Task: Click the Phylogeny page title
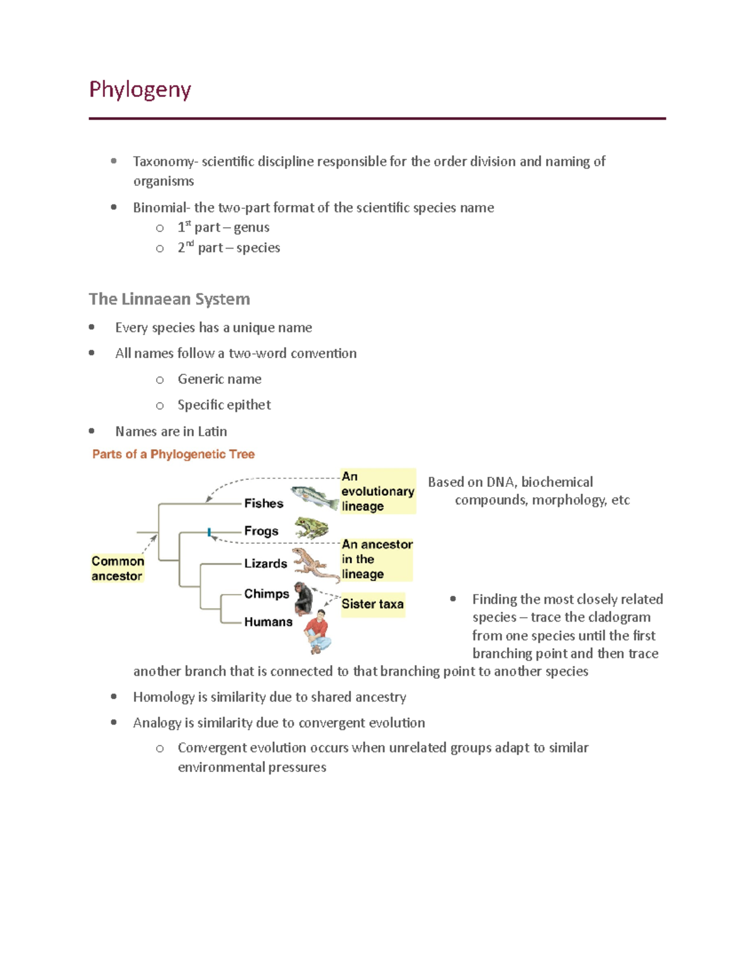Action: (x=140, y=90)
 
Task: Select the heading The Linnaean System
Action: (x=169, y=299)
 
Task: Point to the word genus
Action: (x=251, y=228)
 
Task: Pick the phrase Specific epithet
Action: (x=224, y=405)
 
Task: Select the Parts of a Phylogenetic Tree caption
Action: (x=173, y=454)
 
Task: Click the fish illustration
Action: (x=315, y=497)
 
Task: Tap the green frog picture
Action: (x=312, y=528)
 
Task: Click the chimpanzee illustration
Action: (x=303, y=598)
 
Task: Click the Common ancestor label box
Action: (x=118, y=568)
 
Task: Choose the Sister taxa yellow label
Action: (x=372, y=604)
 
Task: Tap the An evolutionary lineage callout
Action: (x=377, y=491)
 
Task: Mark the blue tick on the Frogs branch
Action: (x=209, y=532)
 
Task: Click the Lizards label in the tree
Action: (x=266, y=564)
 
